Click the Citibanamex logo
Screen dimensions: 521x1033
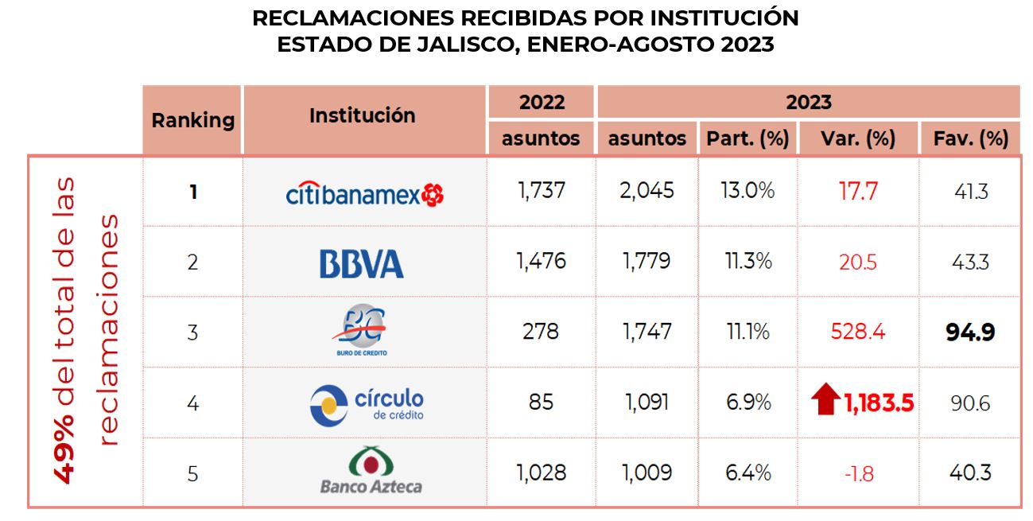click(x=364, y=192)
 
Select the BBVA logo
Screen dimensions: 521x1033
click(x=361, y=263)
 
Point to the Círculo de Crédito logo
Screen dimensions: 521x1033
click(x=367, y=403)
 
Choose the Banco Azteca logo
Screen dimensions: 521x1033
click(x=371, y=472)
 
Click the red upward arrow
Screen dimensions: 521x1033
click(x=826, y=399)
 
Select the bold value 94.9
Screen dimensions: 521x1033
click(x=970, y=332)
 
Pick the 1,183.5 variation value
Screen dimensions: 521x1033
click(x=878, y=402)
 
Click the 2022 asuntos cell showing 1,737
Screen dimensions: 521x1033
click(x=541, y=192)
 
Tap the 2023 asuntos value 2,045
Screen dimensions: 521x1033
click(x=647, y=192)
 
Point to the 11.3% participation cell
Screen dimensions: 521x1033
click(x=747, y=262)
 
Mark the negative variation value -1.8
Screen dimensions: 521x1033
click(x=858, y=474)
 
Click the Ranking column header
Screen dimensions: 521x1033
click(x=192, y=121)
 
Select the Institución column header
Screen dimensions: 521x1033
click(x=362, y=116)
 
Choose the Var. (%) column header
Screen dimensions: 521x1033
click(x=858, y=139)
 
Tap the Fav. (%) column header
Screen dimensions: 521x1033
click(x=969, y=139)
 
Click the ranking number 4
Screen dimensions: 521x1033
click(x=192, y=402)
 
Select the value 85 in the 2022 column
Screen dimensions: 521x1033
click(x=541, y=402)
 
